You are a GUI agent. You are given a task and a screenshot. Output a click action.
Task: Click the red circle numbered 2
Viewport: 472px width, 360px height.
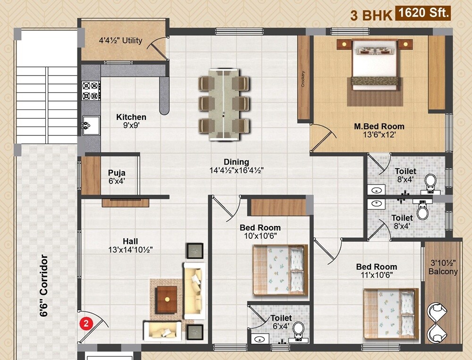[86, 324]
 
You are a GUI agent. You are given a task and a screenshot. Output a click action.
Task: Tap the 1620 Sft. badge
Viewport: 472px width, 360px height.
[423, 13]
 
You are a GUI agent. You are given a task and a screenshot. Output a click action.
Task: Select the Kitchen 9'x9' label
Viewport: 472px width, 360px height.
[131, 121]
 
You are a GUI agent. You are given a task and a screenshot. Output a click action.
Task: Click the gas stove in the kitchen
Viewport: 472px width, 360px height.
[92, 90]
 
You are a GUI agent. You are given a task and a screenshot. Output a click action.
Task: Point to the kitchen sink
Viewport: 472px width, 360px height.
[91, 126]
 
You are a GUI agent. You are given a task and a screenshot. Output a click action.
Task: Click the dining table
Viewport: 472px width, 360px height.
[224, 104]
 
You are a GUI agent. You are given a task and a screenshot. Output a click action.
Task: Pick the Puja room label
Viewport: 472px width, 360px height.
[116, 176]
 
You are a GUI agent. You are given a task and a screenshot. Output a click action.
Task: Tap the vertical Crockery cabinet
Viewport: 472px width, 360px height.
[303, 78]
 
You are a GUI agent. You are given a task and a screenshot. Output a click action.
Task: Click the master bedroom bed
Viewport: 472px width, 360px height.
[375, 64]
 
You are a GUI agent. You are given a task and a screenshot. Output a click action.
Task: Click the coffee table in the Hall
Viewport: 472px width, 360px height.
[166, 299]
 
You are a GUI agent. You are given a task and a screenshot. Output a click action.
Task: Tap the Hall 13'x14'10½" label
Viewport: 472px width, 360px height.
[130, 245]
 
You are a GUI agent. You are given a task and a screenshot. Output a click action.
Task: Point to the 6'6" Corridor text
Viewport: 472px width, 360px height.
[44, 285]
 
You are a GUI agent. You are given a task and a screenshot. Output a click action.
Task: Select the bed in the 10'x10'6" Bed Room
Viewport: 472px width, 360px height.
[280, 270]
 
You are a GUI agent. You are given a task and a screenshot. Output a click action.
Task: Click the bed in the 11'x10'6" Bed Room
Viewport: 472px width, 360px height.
[390, 312]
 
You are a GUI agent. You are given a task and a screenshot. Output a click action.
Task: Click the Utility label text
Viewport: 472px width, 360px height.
[120, 41]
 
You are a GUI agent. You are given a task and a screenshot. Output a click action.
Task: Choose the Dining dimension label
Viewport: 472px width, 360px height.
[236, 166]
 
